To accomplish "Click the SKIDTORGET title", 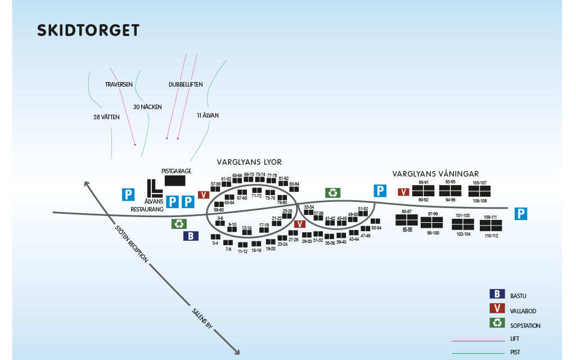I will (88, 30).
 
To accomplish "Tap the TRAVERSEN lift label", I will (119, 84).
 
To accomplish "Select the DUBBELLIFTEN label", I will (186, 84).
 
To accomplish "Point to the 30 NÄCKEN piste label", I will (147, 107).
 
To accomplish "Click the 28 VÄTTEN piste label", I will (107, 118).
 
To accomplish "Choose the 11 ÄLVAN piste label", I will (208, 115).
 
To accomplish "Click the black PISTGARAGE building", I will (174, 181).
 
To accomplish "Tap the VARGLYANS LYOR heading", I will (249, 162).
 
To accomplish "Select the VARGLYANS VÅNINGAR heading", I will (435, 174).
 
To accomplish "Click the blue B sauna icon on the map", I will (191, 236).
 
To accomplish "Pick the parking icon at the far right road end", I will (521, 213).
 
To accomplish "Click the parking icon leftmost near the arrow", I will (129, 195).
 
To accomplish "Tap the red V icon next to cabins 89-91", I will (403, 192).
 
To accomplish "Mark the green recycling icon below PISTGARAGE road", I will (179, 223).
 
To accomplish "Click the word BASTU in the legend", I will (518, 296).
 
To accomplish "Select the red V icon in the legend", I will (497, 308).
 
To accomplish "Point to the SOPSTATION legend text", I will (525, 326).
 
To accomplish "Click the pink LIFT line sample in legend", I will (478, 340).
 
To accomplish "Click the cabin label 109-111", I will (490, 217).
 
